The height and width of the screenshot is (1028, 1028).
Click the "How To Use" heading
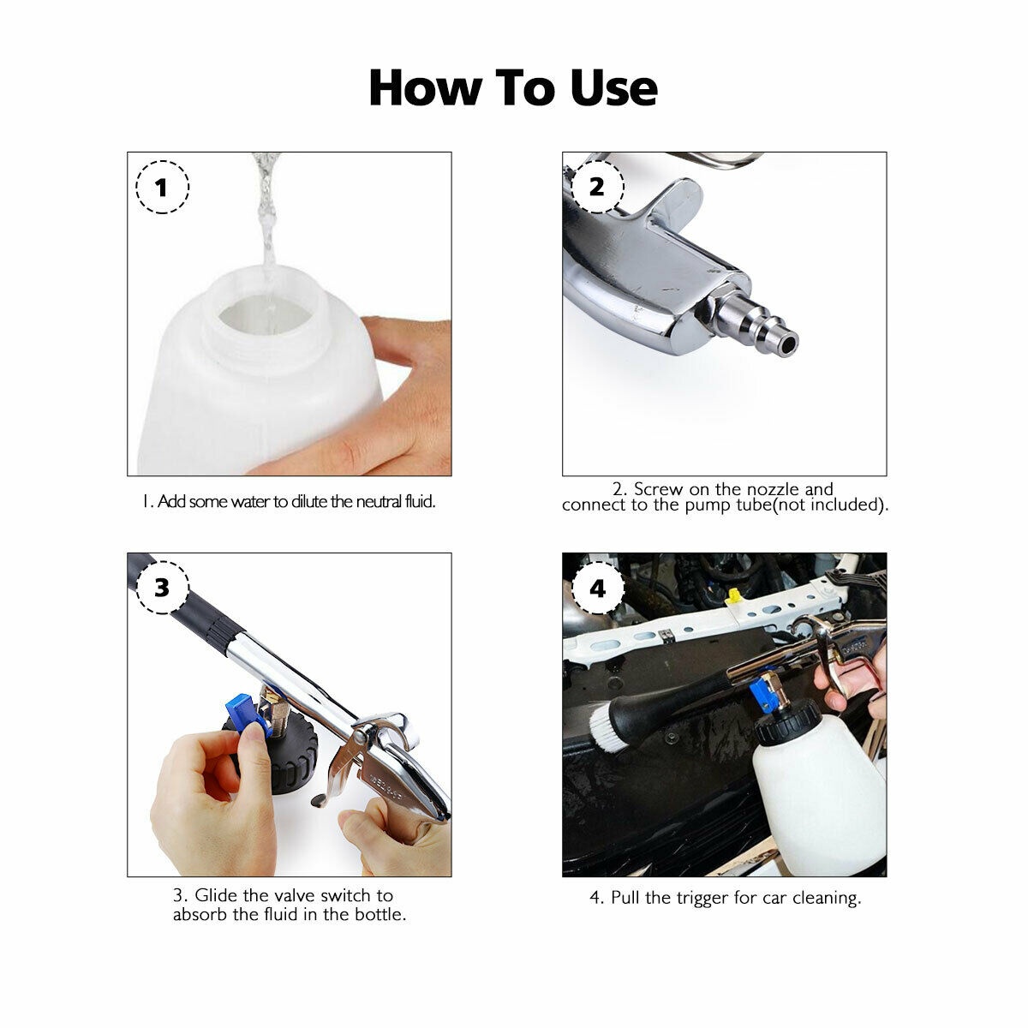[513, 88]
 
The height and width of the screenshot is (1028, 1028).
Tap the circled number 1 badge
[163, 186]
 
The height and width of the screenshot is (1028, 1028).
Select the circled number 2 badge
[597, 186]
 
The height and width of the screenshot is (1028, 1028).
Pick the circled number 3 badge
[163, 589]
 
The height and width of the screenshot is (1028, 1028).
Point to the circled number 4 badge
[597, 589]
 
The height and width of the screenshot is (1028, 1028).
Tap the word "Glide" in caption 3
[216, 895]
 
